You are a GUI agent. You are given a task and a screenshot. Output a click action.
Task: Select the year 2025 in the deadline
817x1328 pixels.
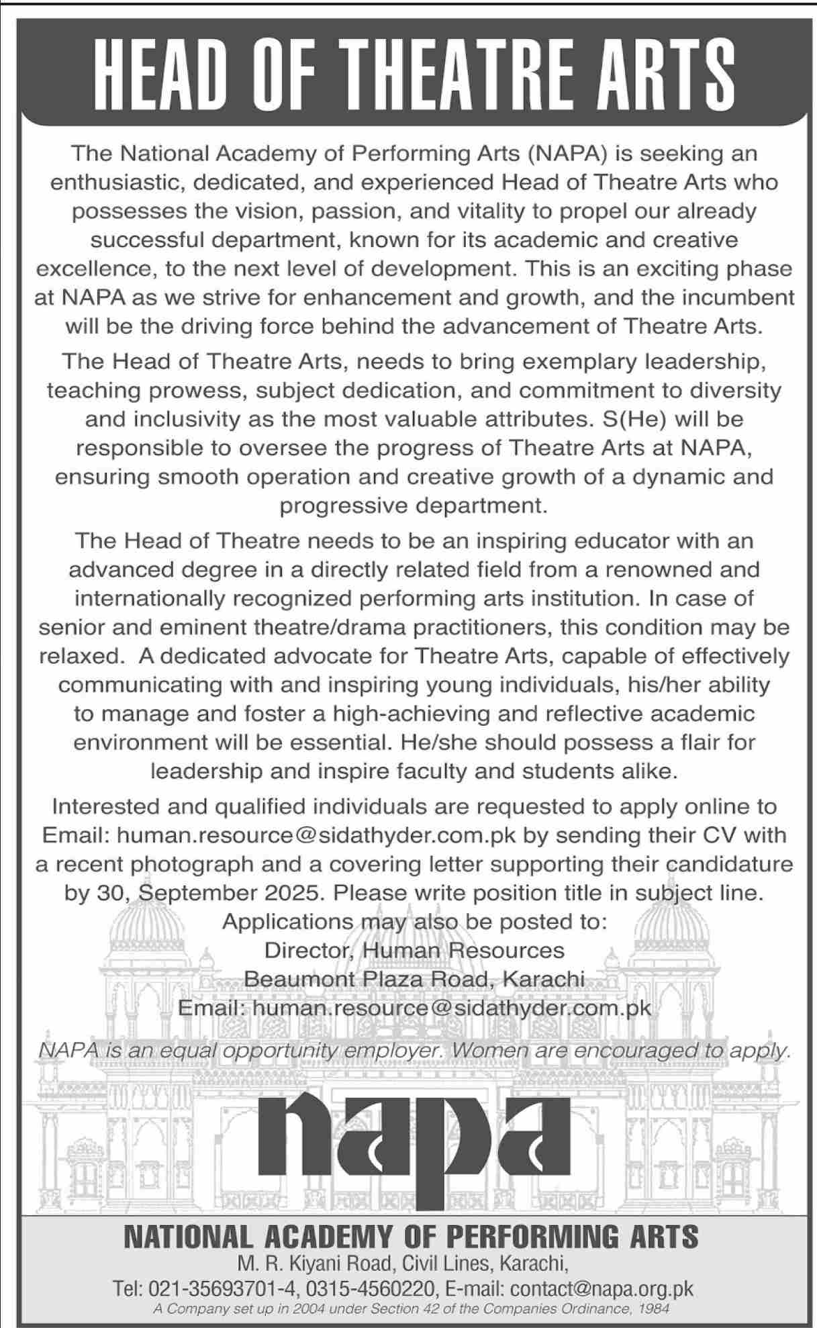[292, 893]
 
